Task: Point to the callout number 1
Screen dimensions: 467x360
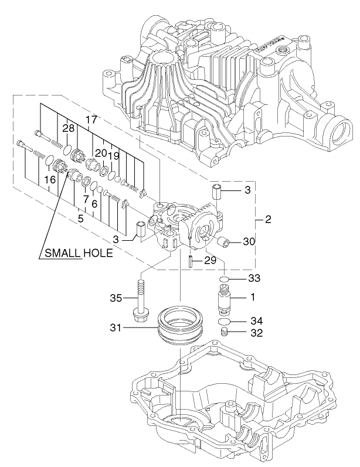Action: click(x=253, y=298)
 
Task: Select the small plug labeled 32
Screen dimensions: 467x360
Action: click(x=223, y=332)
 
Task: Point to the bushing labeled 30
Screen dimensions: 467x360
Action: click(x=223, y=241)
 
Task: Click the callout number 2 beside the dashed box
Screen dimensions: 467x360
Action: click(x=268, y=220)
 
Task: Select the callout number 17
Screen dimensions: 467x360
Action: click(x=91, y=120)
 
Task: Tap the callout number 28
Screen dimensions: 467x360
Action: click(x=69, y=128)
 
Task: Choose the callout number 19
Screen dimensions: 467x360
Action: click(x=114, y=156)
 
